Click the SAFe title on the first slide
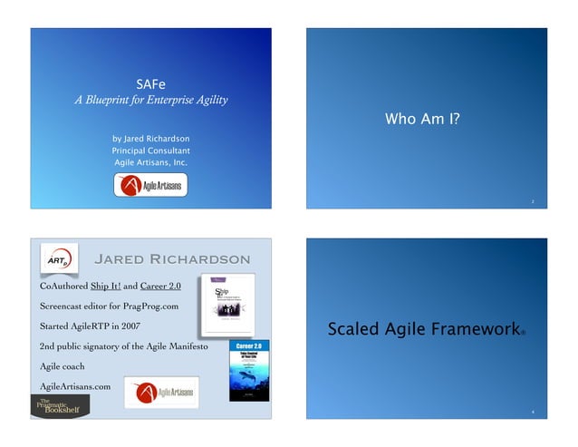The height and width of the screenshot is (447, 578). point(150,83)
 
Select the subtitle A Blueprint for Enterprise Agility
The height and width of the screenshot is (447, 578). point(150,100)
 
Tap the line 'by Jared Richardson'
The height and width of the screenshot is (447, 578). point(150,138)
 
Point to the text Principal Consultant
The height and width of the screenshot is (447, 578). point(150,150)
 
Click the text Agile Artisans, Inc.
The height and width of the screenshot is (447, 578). point(150,161)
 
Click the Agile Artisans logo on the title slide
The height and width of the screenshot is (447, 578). point(150,186)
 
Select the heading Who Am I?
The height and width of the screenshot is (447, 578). point(422,118)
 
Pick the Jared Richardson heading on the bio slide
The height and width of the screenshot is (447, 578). point(172,259)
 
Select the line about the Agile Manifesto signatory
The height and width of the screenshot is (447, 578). point(124,347)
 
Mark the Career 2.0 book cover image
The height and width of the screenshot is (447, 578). point(248,369)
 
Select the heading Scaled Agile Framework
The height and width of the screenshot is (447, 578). point(423,329)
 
